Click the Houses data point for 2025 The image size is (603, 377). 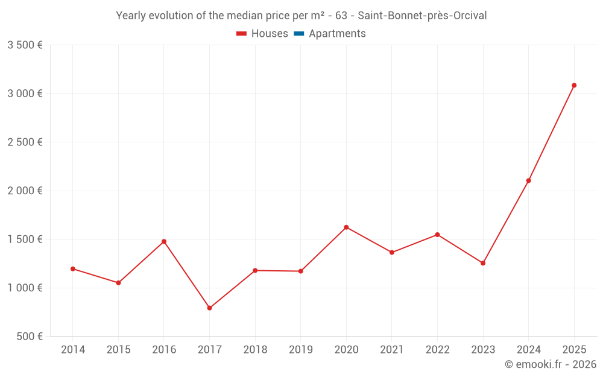coord(574,86)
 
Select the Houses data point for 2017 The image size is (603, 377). coord(209,308)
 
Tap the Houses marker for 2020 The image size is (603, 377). coord(346,227)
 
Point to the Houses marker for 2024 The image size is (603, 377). coord(528,180)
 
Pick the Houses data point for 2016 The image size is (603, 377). coord(164,241)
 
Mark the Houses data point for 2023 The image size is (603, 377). coord(483,263)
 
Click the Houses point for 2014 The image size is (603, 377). coord(73,269)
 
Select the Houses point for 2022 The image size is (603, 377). coord(437,235)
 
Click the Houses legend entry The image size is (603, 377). coord(262,34)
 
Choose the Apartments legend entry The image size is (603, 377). coord(330,34)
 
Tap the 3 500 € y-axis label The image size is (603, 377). coord(25,45)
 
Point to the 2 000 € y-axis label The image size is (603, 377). coord(25,191)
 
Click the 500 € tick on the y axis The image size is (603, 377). coord(29,337)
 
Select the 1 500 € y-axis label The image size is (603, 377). coord(25,239)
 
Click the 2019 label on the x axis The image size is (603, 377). coord(300,350)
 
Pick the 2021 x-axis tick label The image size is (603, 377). coord(391,350)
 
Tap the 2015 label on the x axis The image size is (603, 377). coord(118,350)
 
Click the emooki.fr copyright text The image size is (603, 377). coord(551,364)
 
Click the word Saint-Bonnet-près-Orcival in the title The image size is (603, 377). coord(422,16)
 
